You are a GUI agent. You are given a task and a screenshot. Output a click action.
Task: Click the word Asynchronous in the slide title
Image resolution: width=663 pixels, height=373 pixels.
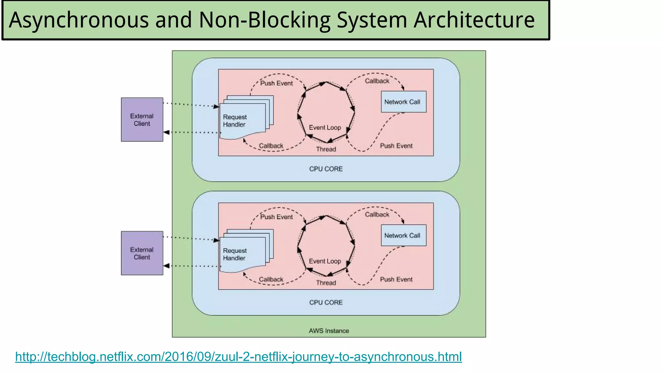pos(79,20)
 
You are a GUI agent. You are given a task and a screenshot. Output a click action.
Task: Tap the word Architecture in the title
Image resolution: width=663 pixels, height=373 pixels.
pos(474,20)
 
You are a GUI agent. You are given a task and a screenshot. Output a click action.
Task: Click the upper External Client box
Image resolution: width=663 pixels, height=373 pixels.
pos(142,119)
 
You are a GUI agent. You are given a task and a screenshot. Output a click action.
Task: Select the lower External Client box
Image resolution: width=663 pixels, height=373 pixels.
pos(142,253)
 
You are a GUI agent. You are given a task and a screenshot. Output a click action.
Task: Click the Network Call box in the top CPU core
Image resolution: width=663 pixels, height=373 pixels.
pos(403,102)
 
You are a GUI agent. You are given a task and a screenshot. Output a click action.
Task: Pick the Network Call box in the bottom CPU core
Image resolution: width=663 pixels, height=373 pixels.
pos(403,235)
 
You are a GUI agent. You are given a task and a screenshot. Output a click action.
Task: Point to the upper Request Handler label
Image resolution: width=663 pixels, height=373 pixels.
pos(235,121)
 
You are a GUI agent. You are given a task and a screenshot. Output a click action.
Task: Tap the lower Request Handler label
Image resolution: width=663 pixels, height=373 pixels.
pos(235,254)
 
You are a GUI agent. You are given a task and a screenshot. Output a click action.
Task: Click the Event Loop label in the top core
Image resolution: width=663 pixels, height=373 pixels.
pos(325,128)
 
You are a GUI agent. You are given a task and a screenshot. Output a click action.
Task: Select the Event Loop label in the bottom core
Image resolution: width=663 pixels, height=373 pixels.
pos(325,261)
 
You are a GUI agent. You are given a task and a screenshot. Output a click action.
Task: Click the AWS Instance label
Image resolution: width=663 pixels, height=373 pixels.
pos(329,331)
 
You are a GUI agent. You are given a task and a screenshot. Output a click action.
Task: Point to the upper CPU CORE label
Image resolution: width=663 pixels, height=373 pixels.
pos(326,169)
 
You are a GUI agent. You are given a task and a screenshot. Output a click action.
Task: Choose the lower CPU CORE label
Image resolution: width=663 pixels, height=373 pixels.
pos(326,302)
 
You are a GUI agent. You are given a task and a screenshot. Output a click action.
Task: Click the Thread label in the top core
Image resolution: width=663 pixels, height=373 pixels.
pos(326,149)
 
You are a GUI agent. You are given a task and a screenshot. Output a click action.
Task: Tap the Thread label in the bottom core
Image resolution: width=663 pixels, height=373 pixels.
pos(326,283)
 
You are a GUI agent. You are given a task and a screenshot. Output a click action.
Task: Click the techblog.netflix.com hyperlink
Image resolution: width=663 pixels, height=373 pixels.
pos(238,357)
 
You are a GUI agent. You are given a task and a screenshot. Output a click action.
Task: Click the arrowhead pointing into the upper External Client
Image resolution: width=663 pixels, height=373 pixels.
pos(166,132)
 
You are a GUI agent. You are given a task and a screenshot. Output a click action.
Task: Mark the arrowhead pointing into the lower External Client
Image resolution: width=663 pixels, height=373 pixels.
pos(166,266)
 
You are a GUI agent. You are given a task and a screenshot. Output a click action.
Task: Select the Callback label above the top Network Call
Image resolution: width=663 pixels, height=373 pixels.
pos(377,81)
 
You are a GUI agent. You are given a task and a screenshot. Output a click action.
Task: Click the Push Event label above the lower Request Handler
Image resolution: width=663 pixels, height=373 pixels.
pos(276,217)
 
